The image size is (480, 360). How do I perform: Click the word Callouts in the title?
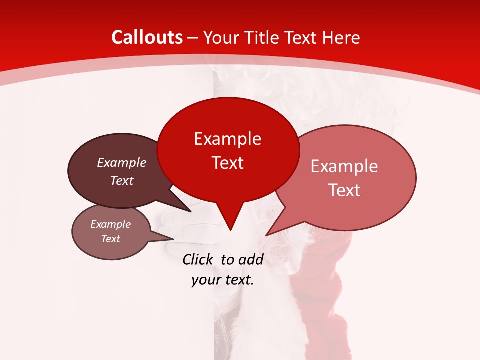click(x=147, y=37)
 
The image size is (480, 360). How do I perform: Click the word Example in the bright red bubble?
click(x=228, y=139)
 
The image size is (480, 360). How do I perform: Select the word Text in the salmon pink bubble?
click(x=344, y=190)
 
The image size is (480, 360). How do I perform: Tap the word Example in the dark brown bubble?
click(x=122, y=162)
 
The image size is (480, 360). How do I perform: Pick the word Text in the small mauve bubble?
click(x=111, y=239)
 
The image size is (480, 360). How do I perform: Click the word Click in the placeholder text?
click(x=197, y=259)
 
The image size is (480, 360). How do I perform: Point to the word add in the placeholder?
click(x=251, y=259)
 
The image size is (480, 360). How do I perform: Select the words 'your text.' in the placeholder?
click(x=223, y=280)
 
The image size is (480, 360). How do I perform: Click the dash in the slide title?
click(x=193, y=37)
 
